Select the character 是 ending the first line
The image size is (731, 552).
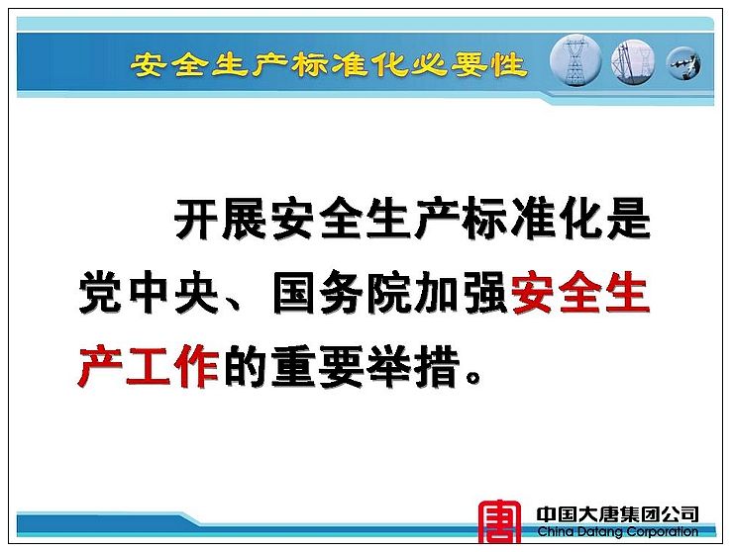[x=628, y=218]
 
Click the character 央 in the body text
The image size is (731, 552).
[x=197, y=292]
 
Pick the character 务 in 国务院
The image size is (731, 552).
[x=341, y=292]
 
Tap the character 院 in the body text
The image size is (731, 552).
[x=389, y=292]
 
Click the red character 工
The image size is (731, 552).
[x=149, y=366]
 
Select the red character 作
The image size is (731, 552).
[x=196, y=366]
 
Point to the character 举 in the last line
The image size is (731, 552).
[x=389, y=366]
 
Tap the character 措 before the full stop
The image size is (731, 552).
[x=437, y=366]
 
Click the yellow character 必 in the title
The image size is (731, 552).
[x=428, y=63]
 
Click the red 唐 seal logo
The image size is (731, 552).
[x=500, y=521]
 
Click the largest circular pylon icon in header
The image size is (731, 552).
[x=575, y=60]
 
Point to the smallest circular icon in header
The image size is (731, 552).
[x=683, y=63]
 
